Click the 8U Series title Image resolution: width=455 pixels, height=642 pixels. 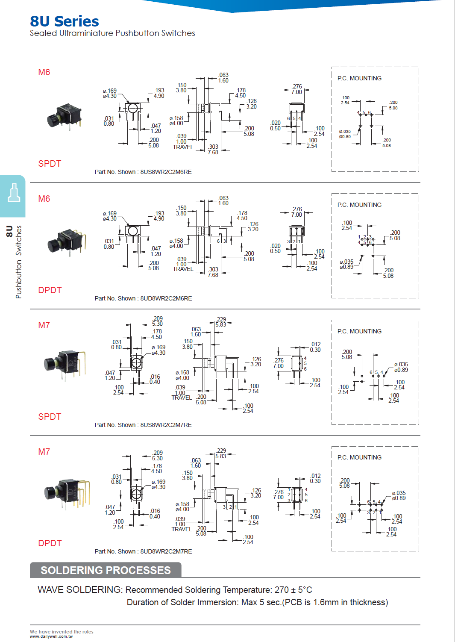point(65,21)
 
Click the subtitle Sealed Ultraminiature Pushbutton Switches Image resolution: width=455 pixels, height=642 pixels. point(112,33)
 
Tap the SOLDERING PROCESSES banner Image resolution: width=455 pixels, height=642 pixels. point(106,570)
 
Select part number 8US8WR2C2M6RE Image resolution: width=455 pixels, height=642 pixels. point(166,172)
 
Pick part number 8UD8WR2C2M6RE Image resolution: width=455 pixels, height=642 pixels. point(166,298)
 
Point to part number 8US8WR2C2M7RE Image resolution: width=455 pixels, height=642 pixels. point(166,425)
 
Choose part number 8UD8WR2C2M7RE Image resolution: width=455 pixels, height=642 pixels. point(166,551)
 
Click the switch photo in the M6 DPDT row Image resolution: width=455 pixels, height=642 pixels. point(67,242)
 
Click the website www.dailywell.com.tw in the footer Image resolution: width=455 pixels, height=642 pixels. point(51,636)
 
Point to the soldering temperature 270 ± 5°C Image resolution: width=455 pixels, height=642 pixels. point(293,590)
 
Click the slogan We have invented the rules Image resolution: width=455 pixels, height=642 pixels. point(62,632)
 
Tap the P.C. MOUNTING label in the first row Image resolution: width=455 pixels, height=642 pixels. point(359,78)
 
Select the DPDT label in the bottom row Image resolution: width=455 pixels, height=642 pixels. point(50,543)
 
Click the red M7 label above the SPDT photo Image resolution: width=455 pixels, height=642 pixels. point(44,325)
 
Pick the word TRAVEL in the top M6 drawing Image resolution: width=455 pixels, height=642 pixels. point(183,147)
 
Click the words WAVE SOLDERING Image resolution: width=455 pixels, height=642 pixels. point(80,590)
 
